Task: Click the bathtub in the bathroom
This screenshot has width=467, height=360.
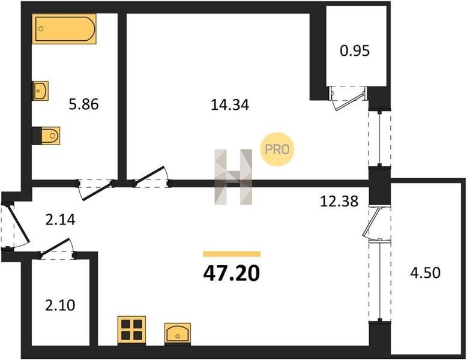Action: coord(64,29)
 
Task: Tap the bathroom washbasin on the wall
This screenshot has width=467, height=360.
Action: coord(40,91)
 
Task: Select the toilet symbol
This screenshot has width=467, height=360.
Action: coord(46,136)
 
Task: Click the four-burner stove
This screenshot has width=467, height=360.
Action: coord(131,331)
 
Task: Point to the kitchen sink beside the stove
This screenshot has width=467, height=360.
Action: coord(178,334)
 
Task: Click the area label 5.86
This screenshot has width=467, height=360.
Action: coord(83,104)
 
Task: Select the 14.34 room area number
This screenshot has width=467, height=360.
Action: coord(230,105)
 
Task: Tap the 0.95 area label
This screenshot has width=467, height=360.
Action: coord(355,50)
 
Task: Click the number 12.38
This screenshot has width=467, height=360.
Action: coord(339,201)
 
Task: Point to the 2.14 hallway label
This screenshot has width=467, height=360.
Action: coord(61,220)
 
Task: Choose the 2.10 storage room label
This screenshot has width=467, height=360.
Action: coord(60,305)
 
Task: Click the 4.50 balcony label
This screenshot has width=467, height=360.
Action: coord(426,273)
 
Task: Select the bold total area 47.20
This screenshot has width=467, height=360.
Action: coord(232,274)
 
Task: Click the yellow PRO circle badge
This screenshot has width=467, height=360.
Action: coord(277,149)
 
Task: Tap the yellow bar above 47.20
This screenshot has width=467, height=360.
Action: coord(232,254)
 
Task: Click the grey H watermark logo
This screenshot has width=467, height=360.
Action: coord(233,177)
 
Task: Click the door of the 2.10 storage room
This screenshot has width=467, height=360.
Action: coord(56,248)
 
